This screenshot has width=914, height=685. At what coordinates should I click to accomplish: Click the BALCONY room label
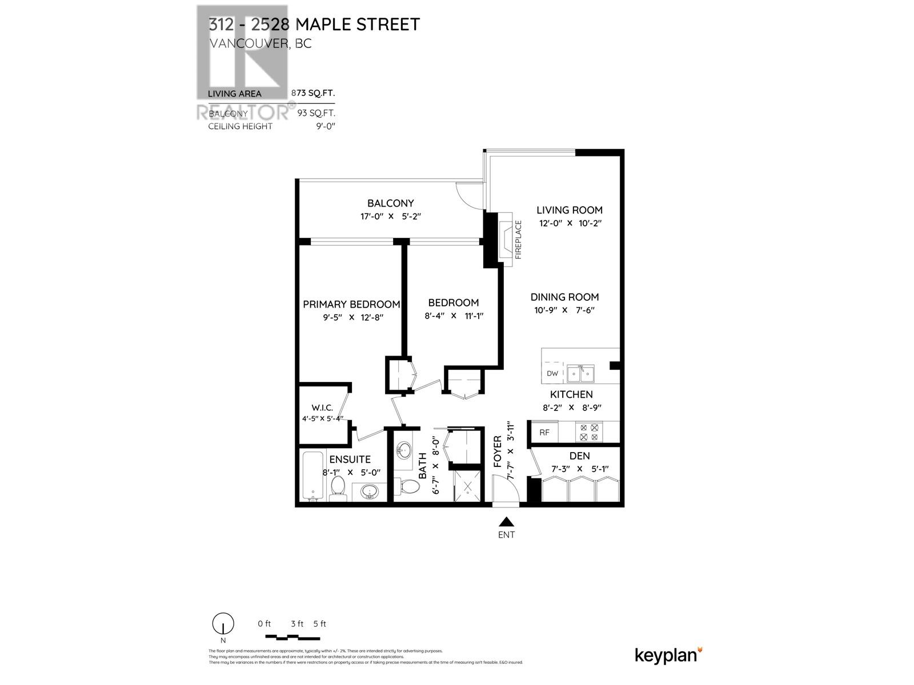(x=390, y=203)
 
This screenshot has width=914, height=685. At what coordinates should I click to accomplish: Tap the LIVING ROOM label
(x=570, y=210)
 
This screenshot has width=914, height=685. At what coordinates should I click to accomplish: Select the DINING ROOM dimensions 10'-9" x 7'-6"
(x=564, y=310)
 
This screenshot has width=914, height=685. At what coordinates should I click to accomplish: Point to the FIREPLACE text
(x=519, y=240)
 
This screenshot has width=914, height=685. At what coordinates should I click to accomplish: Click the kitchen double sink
(x=580, y=374)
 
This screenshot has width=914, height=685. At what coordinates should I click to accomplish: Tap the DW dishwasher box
(x=552, y=374)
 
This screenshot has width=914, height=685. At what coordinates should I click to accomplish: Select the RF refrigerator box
(x=544, y=432)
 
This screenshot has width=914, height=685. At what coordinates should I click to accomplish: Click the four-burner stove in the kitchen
(x=589, y=432)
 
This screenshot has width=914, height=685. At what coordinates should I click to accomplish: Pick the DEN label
(x=579, y=456)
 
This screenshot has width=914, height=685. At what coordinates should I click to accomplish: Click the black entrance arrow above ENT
(x=506, y=522)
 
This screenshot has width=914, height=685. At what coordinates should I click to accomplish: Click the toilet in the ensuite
(x=338, y=488)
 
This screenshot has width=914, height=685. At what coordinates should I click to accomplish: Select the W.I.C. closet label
(x=322, y=408)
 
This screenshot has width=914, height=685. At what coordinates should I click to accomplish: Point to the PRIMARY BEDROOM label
(x=351, y=304)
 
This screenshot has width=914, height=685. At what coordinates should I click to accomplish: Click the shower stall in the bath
(x=468, y=487)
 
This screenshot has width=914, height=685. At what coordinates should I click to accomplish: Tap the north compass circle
(x=223, y=623)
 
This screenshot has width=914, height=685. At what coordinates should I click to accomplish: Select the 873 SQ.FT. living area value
(x=313, y=93)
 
